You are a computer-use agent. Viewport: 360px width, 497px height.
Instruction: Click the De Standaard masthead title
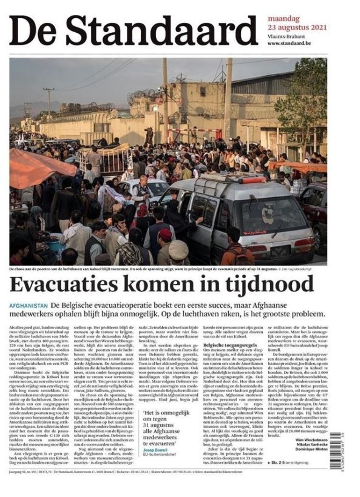[133, 30]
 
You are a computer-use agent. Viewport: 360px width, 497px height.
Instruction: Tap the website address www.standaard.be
[289, 43]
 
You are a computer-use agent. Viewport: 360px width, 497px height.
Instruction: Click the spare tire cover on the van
[268, 216]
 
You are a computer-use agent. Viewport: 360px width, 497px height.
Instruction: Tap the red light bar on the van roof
[252, 180]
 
